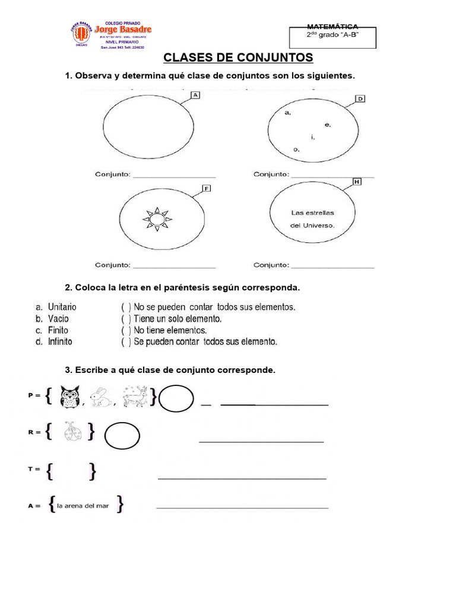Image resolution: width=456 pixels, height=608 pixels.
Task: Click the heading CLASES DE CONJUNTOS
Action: pyautogui.click(x=237, y=58)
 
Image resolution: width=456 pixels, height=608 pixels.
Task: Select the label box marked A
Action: pyautogui.click(x=195, y=95)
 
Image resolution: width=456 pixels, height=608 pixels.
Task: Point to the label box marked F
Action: pyautogui.click(x=207, y=189)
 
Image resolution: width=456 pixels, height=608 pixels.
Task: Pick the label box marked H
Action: pyautogui.click(x=357, y=182)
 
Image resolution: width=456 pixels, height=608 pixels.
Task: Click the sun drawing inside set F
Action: pyautogui.click(x=157, y=219)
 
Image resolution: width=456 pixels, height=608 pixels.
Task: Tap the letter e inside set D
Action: pyautogui.click(x=327, y=125)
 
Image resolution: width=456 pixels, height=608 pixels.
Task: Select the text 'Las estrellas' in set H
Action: pyautogui.click(x=312, y=213)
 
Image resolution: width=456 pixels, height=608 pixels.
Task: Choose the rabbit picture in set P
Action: pyautogui.click(x=104, y=398)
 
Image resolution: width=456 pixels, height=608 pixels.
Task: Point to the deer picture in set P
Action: pyautogui.click(x=135, y=397)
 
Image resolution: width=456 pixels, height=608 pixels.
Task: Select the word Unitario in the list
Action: pyautogui.click(x=62, y=307)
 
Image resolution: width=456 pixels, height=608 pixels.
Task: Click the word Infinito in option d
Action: pyautogui.click(x=61, y=341)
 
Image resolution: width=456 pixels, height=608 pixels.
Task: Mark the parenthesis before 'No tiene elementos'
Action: pyautogui.click(x=126, y=330)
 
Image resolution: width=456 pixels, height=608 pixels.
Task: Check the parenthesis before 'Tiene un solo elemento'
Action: pyautogui.click(x=126, y=319)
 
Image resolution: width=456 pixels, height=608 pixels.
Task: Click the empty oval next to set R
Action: pyautogui.click(x=122, y=438)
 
